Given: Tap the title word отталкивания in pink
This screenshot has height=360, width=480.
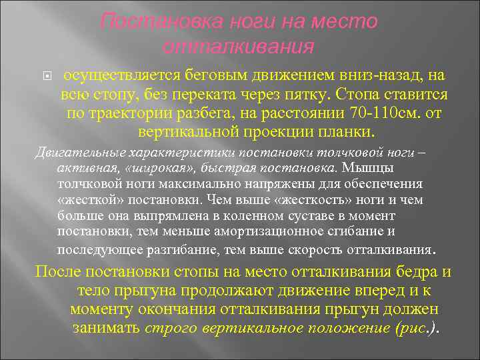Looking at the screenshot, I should pos(238,47).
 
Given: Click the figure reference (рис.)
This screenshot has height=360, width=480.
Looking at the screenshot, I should pos(417,329).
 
